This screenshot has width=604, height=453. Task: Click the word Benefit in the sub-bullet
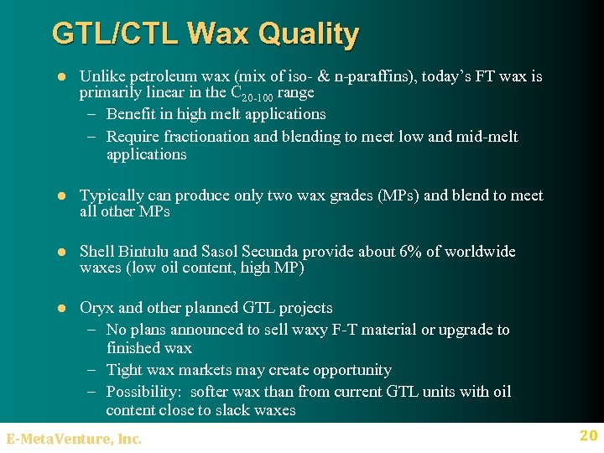[x=133, y=114]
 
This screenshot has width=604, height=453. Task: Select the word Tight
[x=126, y=370]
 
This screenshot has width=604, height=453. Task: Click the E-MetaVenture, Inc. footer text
[x=74, y=438]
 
